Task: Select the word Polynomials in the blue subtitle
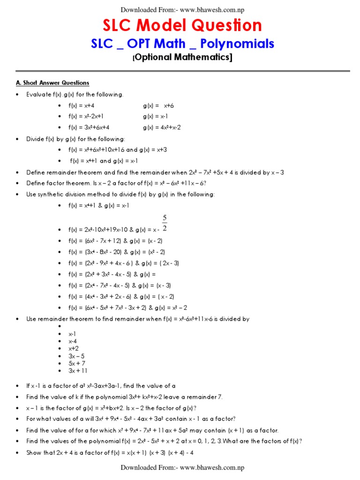click(x=237, y=44)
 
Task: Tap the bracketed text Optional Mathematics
click(x=182, y=58)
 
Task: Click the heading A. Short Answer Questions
click(x=52, y=83)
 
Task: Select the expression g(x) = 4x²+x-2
click(x=162, y=127)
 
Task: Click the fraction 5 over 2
click(x=165, y=223)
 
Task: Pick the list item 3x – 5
click(x=76, y=356)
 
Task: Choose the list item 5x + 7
click(x=77, y=363)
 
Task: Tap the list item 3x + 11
click(x=78, y=371)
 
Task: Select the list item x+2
click(x=74, y=349)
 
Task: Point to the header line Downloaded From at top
click(x=182, y=10)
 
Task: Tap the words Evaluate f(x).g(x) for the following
click(x=75, y=94)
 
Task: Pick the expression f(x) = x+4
click(x=82, y=105)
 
